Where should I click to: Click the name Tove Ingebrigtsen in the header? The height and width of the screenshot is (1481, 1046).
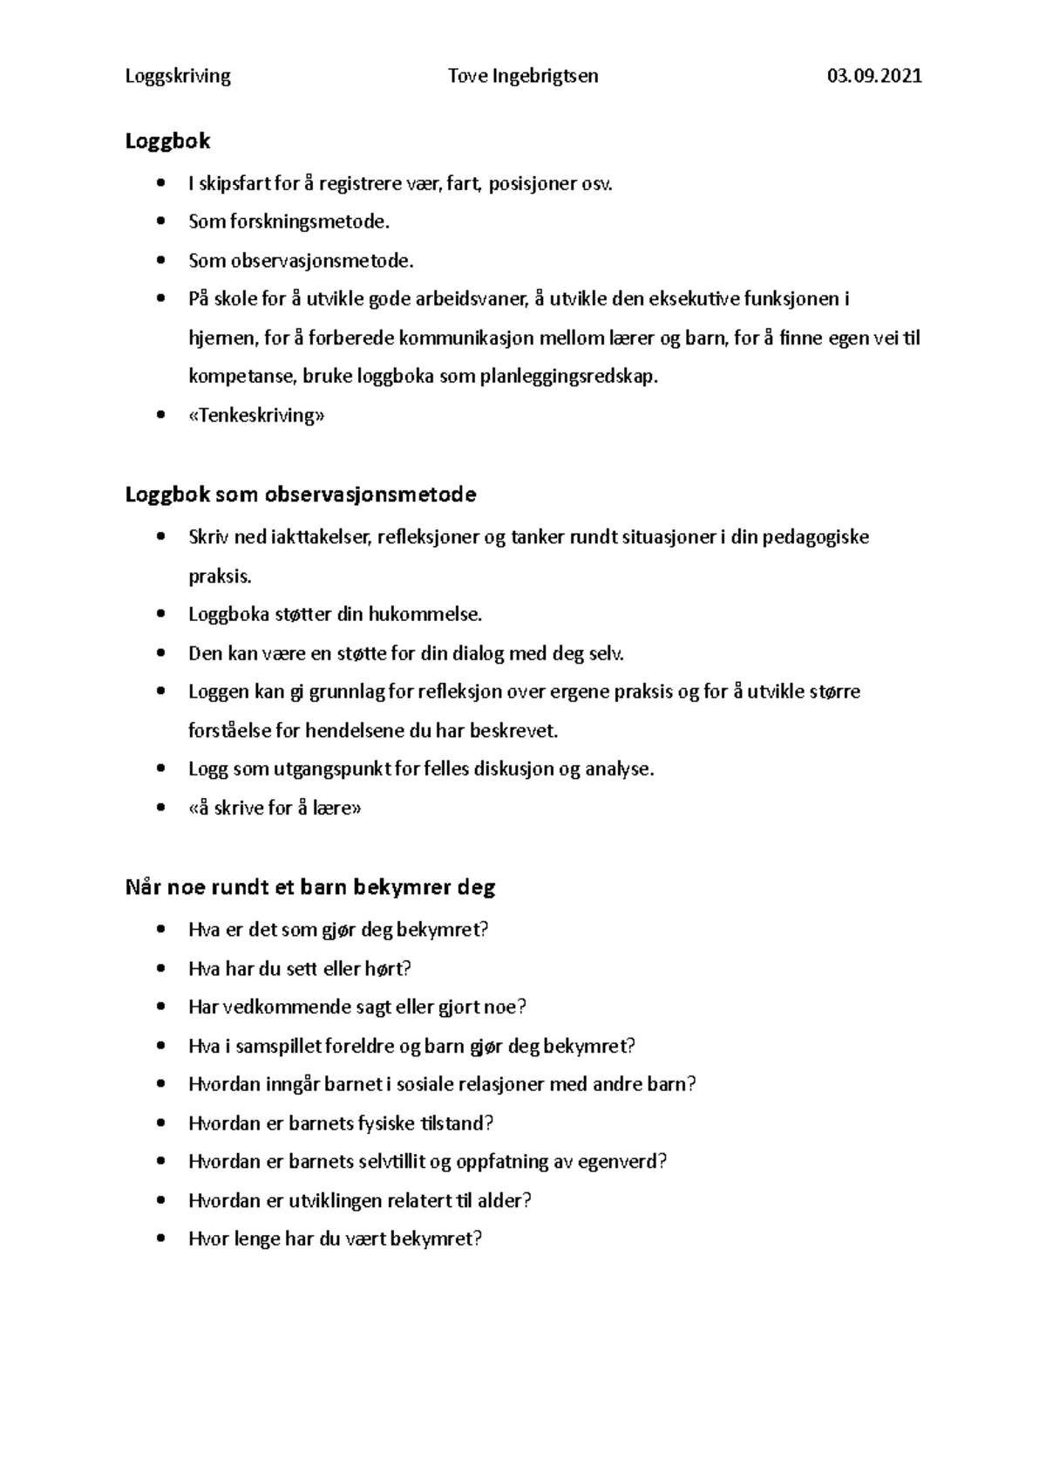pos(523,76)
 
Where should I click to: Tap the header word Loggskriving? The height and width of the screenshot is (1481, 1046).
pos(178,76)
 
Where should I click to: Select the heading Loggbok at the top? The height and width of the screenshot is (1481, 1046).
pos(168,140)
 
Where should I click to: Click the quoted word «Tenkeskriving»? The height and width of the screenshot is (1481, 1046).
pos(256,415)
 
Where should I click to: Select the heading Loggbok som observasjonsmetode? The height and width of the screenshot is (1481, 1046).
pos(301,495)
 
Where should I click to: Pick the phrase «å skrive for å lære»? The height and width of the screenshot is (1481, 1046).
pos(275,808)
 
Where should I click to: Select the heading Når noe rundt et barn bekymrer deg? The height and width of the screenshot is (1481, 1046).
pos(310,888)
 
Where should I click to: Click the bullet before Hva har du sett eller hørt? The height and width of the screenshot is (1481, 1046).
pos(160,969)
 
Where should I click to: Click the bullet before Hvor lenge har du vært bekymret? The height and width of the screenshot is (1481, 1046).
pos(160,1239)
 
